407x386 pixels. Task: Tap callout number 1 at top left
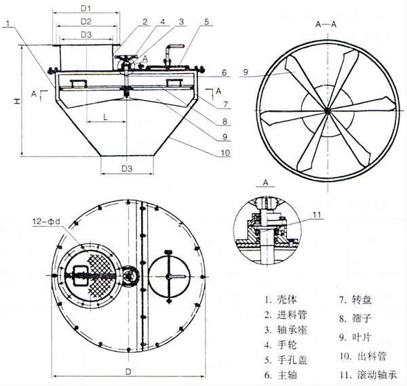pos(5,22)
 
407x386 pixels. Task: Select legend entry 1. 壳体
pos(280,297)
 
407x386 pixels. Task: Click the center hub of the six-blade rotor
pos(326,110)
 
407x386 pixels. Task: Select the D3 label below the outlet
pos(127,167)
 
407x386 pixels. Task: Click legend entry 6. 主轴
pos(280,373)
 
